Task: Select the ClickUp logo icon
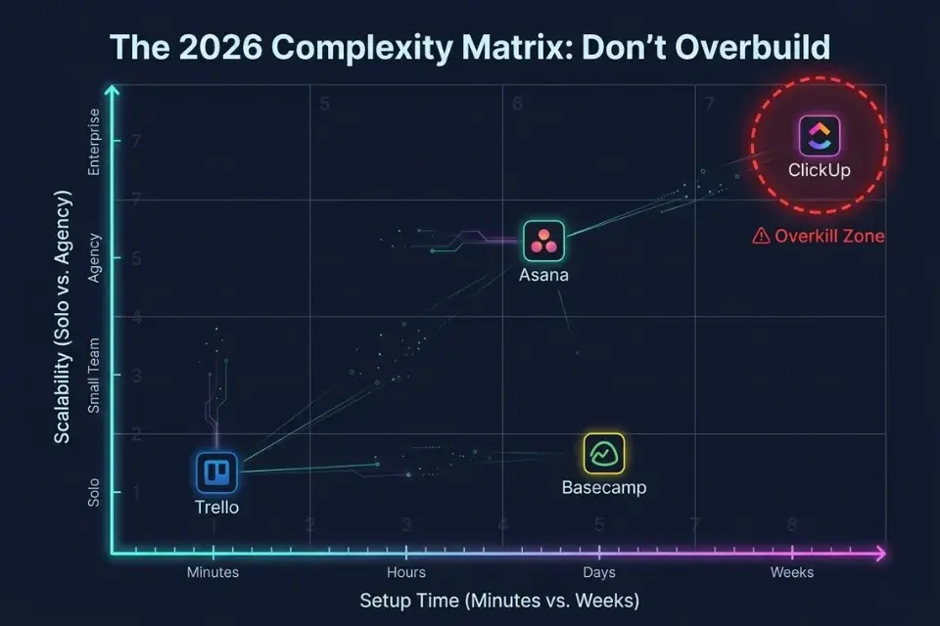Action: point(820,136)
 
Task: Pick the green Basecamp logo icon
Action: point(604,453)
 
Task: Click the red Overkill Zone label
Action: point(828,236)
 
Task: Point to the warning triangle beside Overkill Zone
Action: point(761,236)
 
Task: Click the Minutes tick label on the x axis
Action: point(212,572)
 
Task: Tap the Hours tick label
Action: point(406,572)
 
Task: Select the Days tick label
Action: point(599,572)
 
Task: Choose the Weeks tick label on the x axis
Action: point(792,572)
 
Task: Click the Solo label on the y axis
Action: point(95,492)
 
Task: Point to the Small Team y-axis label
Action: point(95,376)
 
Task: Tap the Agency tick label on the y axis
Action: point(95,257)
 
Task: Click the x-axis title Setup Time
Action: point(499,600)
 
